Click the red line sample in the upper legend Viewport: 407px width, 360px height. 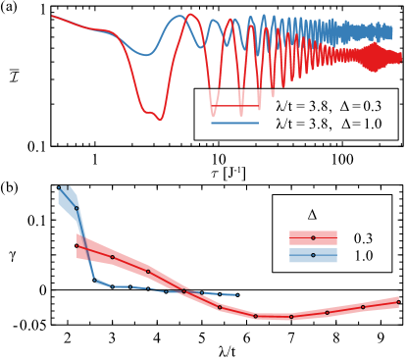coord(235,105)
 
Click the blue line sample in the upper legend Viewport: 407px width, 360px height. coord(235,124)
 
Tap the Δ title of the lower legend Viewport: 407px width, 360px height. coord(313,214)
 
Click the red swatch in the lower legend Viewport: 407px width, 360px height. coord(313,237)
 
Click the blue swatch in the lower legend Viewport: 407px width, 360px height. coord(313,255)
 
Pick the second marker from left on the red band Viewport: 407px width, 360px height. coord(114,258)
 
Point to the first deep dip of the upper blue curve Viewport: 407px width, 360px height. coord(151,54)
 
